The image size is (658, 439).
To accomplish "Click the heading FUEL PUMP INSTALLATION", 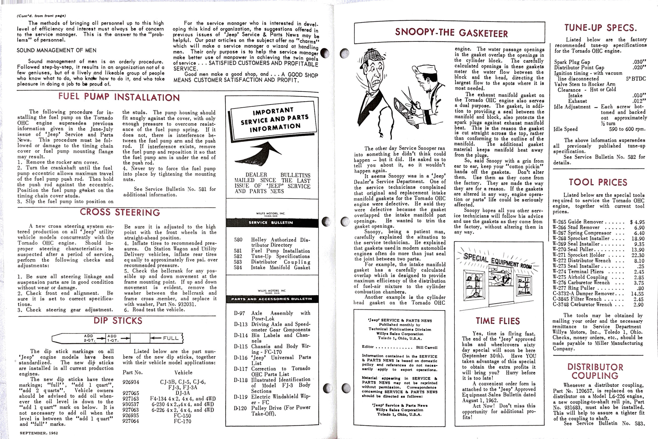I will (x=119, y=97).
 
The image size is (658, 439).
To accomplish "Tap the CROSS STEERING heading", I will (x=120, y=212).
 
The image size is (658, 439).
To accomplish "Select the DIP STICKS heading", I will (x=118, y=321).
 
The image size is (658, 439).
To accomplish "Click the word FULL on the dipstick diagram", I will (x=171, y=338).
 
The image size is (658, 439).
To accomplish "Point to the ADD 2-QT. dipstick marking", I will (x=89, y=338).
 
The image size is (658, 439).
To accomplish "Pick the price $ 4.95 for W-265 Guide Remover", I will (x=637, y=222).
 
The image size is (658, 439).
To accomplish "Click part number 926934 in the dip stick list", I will (x=131, y=382).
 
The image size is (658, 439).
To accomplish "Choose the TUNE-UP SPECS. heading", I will (x=600, y=28).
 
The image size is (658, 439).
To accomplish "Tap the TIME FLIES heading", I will (x=497, y=321).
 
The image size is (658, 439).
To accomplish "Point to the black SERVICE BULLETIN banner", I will (x=271, y=223).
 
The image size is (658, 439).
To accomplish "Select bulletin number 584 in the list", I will (x=238, y=267).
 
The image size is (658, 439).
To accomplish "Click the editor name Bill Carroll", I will (x=426, y=347).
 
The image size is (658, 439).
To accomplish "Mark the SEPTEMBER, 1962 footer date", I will (x=39, y=433).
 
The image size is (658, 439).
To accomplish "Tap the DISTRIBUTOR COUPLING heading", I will (x=595, y=371).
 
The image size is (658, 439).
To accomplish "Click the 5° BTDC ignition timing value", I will (x=636, y=79).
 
